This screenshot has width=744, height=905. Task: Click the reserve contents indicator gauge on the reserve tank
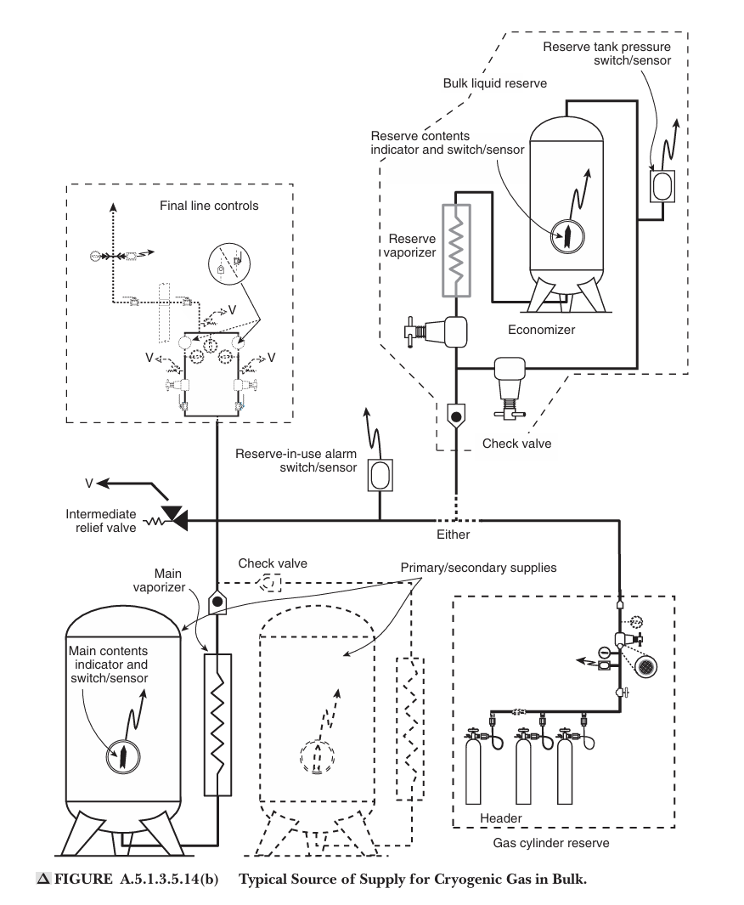(567, 236)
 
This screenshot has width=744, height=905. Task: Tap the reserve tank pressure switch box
(662, 185)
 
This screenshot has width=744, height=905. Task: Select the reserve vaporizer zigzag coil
(456, 251)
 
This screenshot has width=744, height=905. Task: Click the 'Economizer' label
(542, 330)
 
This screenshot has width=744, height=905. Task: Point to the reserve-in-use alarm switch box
(380, 475)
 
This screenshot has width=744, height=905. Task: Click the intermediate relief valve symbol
(173, 518)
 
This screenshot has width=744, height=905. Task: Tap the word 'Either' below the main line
(454, 535)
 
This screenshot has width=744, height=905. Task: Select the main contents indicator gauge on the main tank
(123, 756)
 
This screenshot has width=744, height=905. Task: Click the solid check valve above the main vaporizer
(217, 602)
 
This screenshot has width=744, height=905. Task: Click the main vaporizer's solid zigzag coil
(217, 725)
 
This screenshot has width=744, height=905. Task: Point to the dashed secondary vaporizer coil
(410, 729)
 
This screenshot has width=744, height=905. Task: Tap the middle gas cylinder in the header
(523, 767)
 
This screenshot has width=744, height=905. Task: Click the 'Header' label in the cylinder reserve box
(500, 817)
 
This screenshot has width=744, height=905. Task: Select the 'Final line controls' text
(209, 206)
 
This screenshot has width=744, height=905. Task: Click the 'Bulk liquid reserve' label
(495, 83)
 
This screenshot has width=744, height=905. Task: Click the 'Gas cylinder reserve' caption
(551, 843)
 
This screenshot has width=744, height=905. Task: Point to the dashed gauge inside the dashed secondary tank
(317, 755)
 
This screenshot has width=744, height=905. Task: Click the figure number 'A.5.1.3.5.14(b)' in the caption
(169, 879)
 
